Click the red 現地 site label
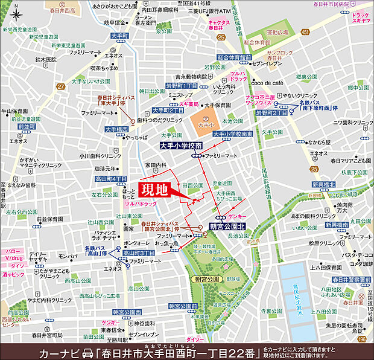tap(154, 189)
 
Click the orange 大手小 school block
tap(207, 123)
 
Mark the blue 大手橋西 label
tap(116, 129)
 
